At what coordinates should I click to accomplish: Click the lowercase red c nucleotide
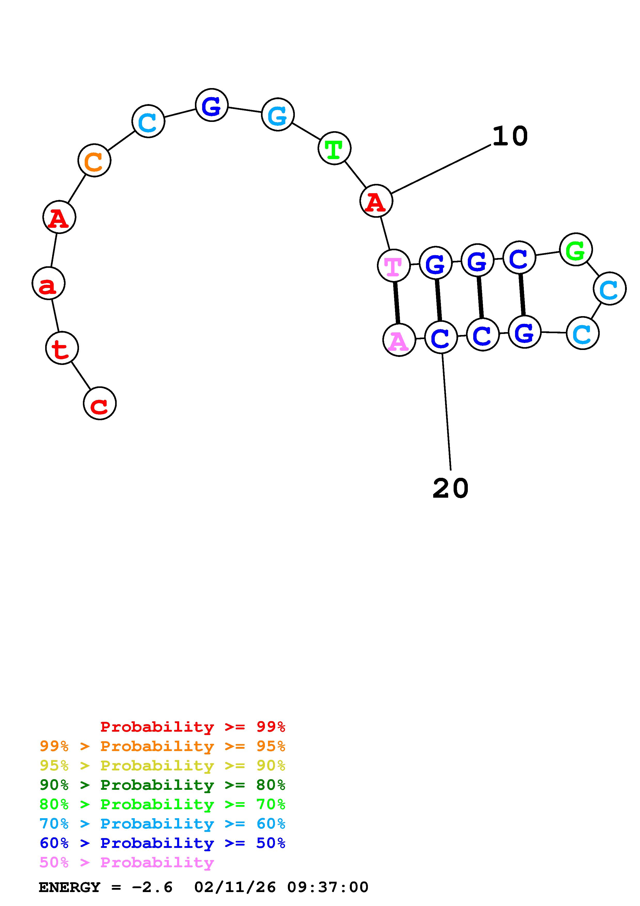click(100, 403)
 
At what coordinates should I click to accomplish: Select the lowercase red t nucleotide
click(62, 348)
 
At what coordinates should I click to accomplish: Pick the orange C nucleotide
click(94, 160)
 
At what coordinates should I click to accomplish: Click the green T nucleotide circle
click(334, 148)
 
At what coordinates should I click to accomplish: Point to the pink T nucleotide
click(393, 265)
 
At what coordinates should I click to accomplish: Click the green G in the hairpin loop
click(576, 249)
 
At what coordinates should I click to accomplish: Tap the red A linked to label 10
click(376, 201)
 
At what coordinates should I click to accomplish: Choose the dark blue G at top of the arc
click(212, 105)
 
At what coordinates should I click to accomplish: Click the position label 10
click(510, 136)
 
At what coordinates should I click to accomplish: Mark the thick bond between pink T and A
click(396, 303)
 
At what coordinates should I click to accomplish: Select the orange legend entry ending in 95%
click(162, 746)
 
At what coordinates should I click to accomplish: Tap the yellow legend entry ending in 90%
click(162, 766)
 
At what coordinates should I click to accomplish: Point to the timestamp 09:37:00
click(328, 887)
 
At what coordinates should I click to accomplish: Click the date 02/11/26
click(235, 887)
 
